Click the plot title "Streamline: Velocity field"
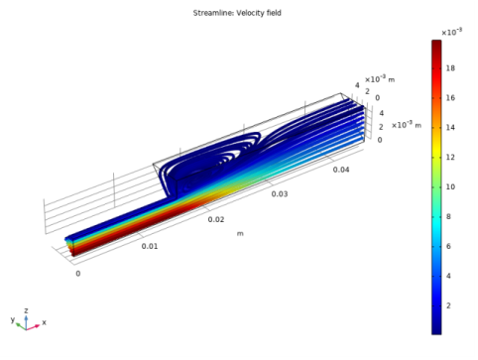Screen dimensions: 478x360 [237, 13]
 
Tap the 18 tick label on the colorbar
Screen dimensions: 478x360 [450, 68]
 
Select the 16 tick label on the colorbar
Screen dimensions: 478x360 [450, 98]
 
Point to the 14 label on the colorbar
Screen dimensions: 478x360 [450, 128]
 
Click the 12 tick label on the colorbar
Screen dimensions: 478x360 [450, 158]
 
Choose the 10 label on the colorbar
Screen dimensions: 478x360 [450, 187]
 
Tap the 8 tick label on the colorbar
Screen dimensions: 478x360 [448, 216]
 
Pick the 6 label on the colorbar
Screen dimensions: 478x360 [448, 246]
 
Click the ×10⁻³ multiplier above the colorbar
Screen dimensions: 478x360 [451, 32]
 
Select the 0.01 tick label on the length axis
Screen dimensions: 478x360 [150, 246]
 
